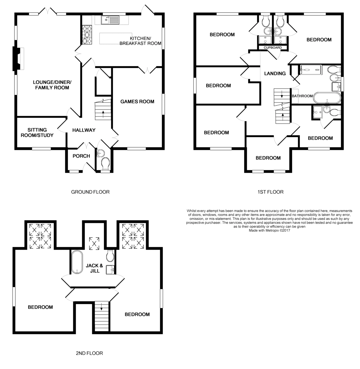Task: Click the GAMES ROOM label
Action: click(137, 102)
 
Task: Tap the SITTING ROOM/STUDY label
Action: click(37, 133)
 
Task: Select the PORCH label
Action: click(81, 156)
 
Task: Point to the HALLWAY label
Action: click(84, 130)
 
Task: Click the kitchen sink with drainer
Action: click(110, 20)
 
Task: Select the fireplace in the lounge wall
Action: click(17, 59)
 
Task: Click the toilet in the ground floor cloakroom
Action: click(105, 164)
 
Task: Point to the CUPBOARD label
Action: click(273, 48)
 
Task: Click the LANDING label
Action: click(275, 73)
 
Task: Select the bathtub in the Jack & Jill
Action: click(77, 262)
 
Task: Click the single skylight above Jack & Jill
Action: click(94, 244)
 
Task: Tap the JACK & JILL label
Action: click(94, 268)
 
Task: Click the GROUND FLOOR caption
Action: click(90, 192)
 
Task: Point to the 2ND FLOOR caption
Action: click(89, 353)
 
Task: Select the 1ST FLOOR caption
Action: click(271, 192)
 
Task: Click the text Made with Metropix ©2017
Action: click(269, 231)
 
